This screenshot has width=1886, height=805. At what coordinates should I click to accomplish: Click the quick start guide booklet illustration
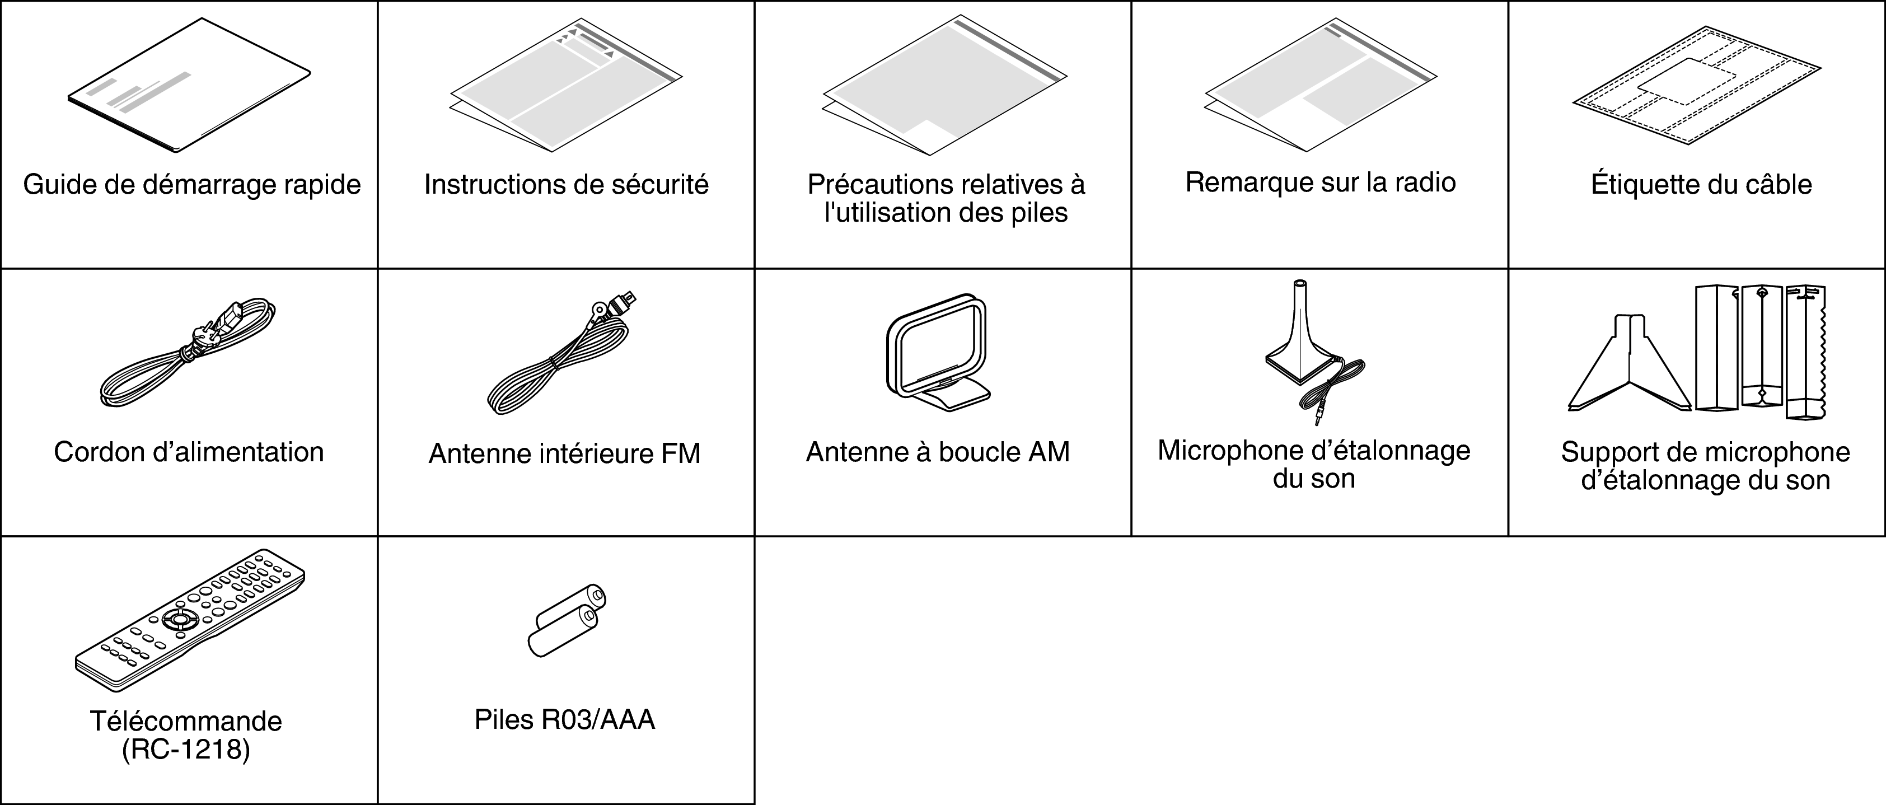tap(189, 86)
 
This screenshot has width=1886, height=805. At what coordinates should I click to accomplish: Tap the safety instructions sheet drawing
tap(566, 86)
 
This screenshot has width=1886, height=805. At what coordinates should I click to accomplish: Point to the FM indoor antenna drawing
tap(561, 353)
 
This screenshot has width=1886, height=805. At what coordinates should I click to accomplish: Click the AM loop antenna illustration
tap(939, 353)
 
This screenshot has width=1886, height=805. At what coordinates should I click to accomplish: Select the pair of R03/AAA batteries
tap(567, 620)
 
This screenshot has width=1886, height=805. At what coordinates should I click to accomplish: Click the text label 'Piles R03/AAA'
tap(564, 719)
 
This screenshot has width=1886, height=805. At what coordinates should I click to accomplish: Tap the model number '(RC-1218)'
tap(186, 750)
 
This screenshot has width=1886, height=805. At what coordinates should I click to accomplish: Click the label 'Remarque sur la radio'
tap(1320, 182)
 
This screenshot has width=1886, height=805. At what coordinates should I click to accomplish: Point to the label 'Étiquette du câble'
tap(1701, 184)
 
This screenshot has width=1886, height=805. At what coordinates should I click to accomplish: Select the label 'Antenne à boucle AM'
tap(938, 452)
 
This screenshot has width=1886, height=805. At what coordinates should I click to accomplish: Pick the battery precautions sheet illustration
tap(944, 85)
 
